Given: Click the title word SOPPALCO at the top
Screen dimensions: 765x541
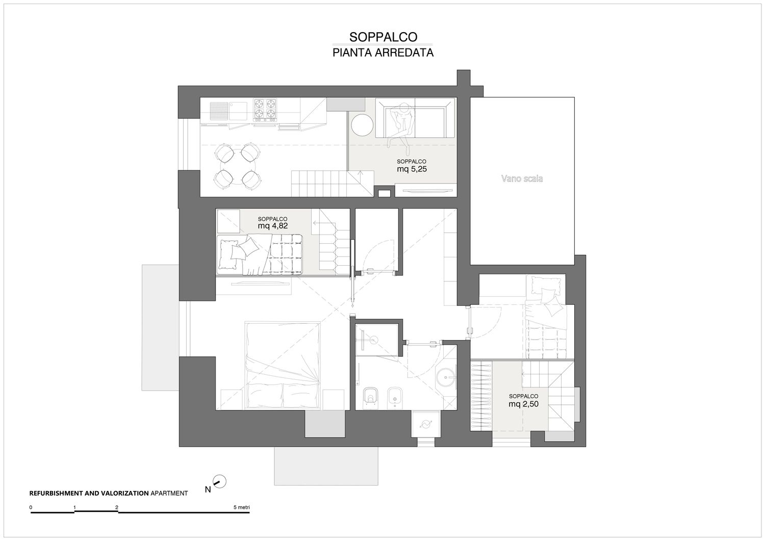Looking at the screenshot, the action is point(383,37).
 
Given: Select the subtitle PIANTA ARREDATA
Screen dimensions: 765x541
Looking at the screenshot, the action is point(383,53).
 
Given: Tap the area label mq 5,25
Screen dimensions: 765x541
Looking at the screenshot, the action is point(412,169).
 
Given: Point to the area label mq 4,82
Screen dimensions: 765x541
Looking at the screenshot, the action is point(272,226).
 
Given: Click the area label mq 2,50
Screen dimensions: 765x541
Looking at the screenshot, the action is point(523,404).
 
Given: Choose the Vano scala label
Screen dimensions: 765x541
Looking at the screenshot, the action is point(522,178).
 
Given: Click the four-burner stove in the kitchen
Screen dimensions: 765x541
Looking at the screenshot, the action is point(265,110).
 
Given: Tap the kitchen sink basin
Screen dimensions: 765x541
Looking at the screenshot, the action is point(238,111).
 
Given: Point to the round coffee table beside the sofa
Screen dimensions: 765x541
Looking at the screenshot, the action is point(362,125).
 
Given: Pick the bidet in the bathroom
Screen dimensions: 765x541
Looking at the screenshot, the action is point(395,398).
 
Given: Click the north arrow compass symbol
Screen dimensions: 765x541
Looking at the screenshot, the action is point(219,481).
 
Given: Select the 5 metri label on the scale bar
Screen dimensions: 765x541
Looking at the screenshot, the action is point(241,507).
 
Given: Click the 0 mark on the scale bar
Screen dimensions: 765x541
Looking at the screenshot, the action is point(31,507).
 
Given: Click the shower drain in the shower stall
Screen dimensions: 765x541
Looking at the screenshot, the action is point(374,340).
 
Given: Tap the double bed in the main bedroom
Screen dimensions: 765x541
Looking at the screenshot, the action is point(283,365).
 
